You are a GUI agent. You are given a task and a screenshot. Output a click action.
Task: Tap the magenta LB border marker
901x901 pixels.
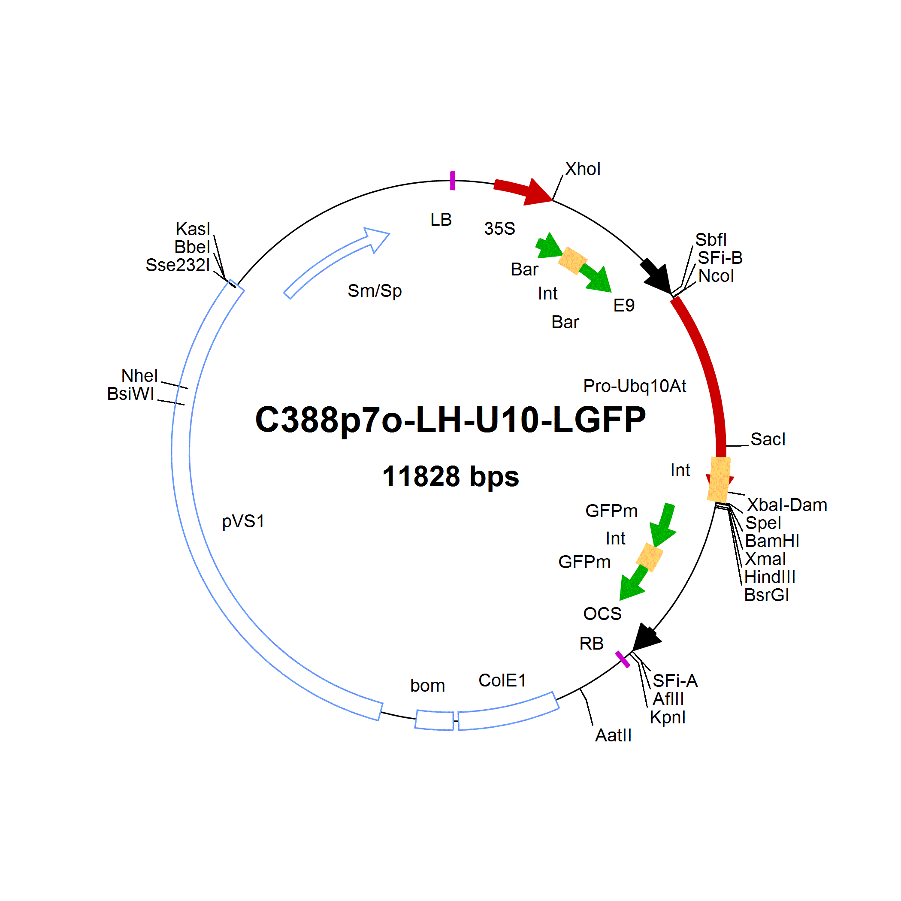[452, 181]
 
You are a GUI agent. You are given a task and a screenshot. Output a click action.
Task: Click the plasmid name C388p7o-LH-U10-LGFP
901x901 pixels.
[450, 419]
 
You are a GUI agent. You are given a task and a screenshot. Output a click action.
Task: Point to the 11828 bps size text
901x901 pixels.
[450, 476]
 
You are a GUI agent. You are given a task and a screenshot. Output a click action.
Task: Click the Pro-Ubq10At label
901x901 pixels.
[635, 386]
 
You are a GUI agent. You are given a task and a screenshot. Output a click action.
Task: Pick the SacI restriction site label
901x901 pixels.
[768, 439]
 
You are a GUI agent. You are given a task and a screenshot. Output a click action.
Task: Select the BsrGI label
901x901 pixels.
[767, 595]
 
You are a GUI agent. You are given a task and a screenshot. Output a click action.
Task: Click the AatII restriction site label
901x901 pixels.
[613, 735]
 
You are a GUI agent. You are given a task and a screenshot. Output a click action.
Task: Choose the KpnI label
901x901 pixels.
[667, 717]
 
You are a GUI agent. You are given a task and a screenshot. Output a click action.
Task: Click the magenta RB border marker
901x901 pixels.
[623, 659]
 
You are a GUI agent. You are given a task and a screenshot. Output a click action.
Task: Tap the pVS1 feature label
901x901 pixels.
[243, 521]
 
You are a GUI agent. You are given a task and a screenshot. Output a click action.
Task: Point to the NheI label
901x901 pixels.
[139, 375]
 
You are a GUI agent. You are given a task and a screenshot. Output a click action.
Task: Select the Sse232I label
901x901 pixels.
[178, 265]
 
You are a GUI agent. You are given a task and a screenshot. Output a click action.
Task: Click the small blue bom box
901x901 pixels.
[435, 720]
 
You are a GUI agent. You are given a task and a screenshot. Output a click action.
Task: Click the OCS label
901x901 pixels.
[602, 614]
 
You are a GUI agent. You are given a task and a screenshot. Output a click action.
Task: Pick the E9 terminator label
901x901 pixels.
[623, 305]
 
